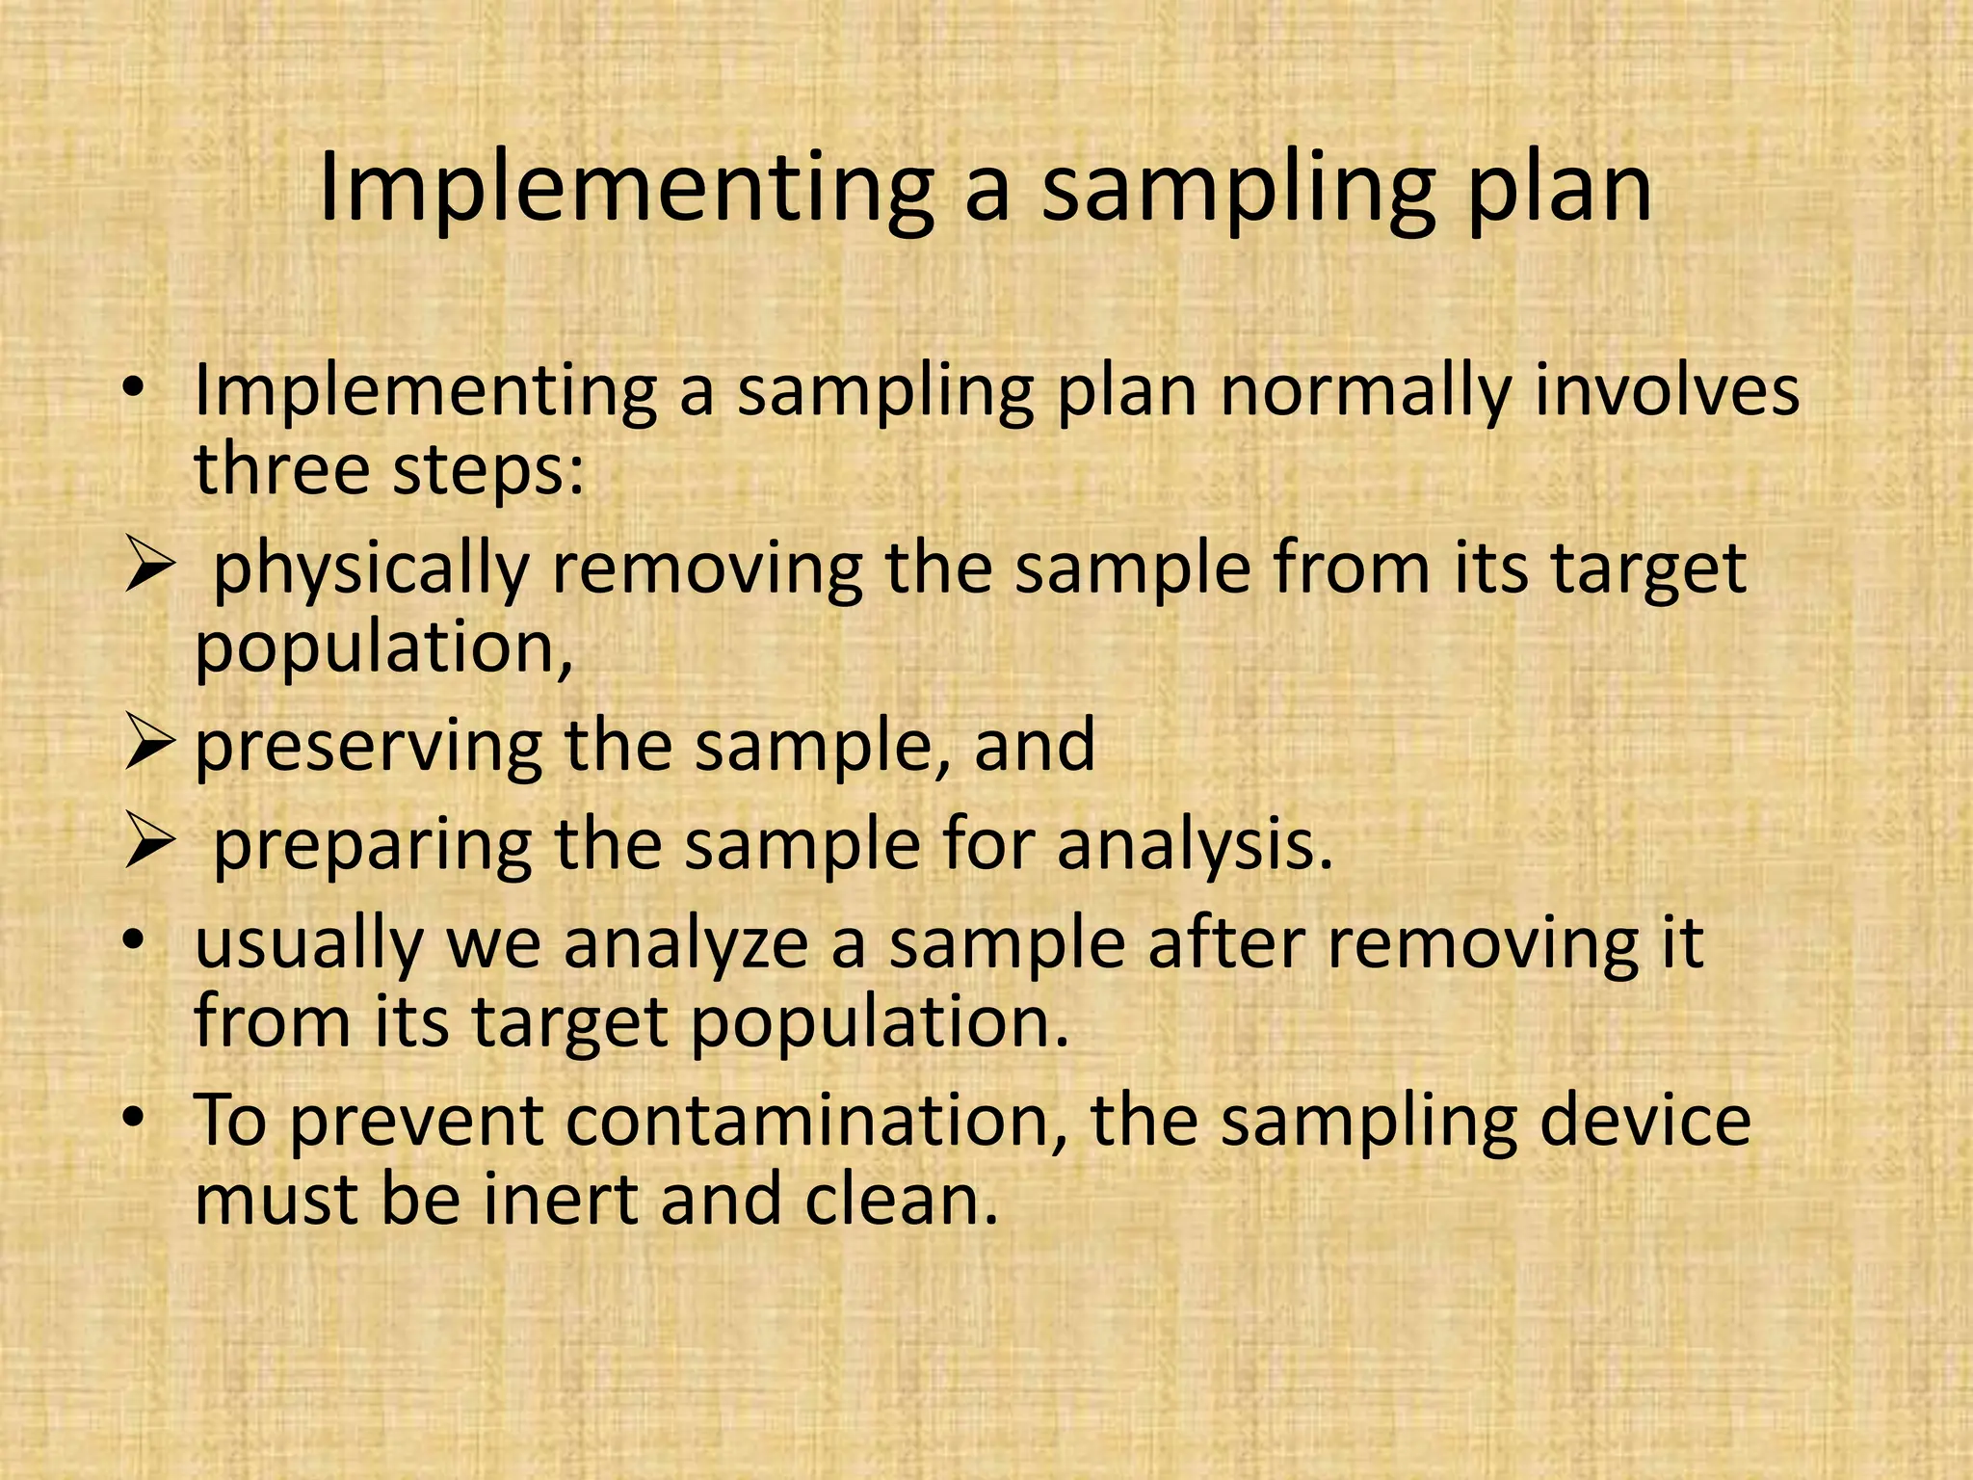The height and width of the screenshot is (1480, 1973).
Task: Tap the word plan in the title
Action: [1558, 190]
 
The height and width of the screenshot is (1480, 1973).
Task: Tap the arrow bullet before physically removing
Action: [149, 568]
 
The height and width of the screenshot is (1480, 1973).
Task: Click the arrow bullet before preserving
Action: [149, 746]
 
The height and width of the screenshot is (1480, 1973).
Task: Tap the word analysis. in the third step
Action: [1194, 846]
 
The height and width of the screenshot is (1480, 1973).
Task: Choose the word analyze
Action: [686, 944]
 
